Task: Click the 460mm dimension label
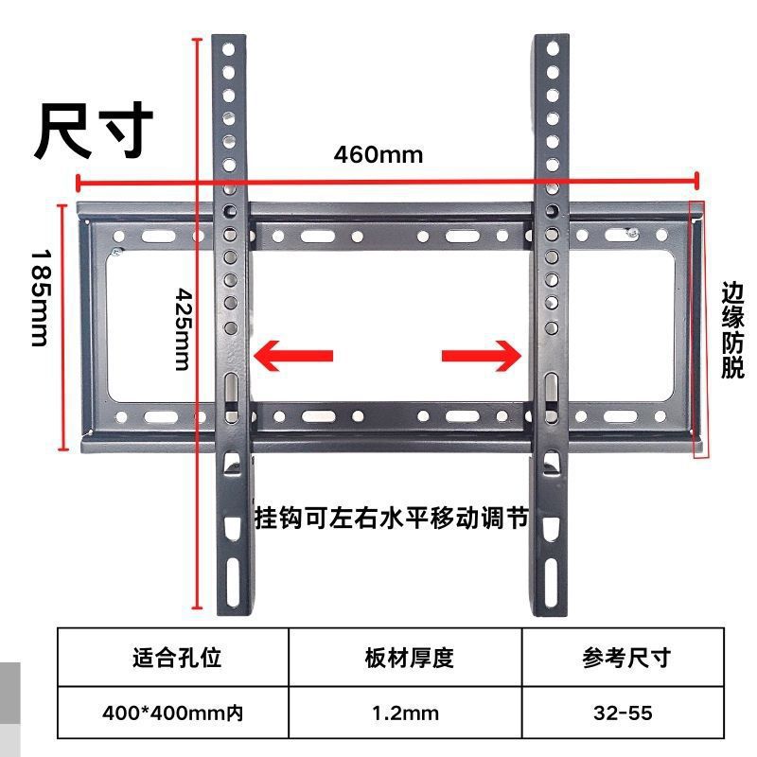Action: coord(378,153)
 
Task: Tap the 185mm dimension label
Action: coord(39,297)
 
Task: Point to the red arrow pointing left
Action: coord(293,355)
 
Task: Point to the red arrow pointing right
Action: coord(482,355)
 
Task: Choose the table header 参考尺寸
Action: coord(625,658)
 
